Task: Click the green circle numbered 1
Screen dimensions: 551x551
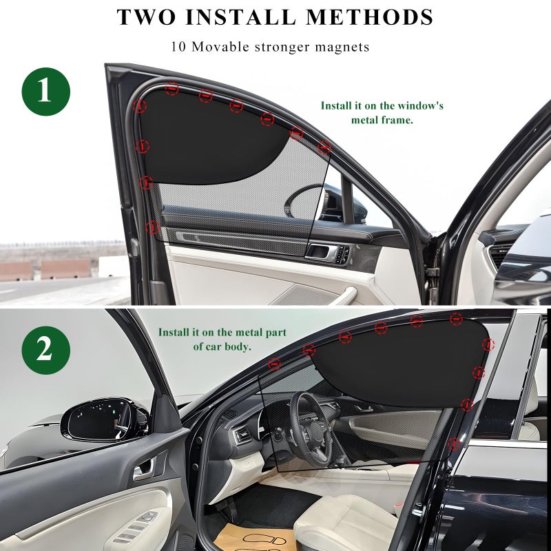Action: pos(45,92)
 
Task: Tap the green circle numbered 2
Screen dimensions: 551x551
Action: pos(45,350)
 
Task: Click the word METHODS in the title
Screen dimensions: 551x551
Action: pos(369,17)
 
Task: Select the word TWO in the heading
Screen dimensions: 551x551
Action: pos(146,17)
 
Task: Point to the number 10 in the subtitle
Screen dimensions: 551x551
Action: pos(178,47)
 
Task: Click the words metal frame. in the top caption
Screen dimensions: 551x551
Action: pos(382,120)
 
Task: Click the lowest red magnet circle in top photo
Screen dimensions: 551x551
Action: pos(152,227)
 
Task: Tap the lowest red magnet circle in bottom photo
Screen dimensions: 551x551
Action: pos(454,444)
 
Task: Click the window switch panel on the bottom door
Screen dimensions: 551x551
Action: pos(138,526)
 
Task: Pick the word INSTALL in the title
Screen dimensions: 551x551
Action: pos(240,17)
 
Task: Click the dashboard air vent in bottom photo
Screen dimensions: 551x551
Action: pos(242,436)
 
